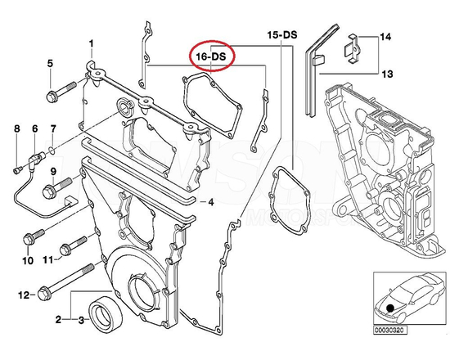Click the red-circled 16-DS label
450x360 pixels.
(211, 56)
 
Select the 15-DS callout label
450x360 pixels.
(282, 37)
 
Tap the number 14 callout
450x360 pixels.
(385, 38)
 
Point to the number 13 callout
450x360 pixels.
(385, 73)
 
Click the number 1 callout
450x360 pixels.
(91, 43)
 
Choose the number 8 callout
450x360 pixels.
(16, 128)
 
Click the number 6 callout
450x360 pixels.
(34, 128)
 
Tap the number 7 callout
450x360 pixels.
(53, 128)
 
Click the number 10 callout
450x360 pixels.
(27, 260)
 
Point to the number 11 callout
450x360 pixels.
(48, 260)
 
